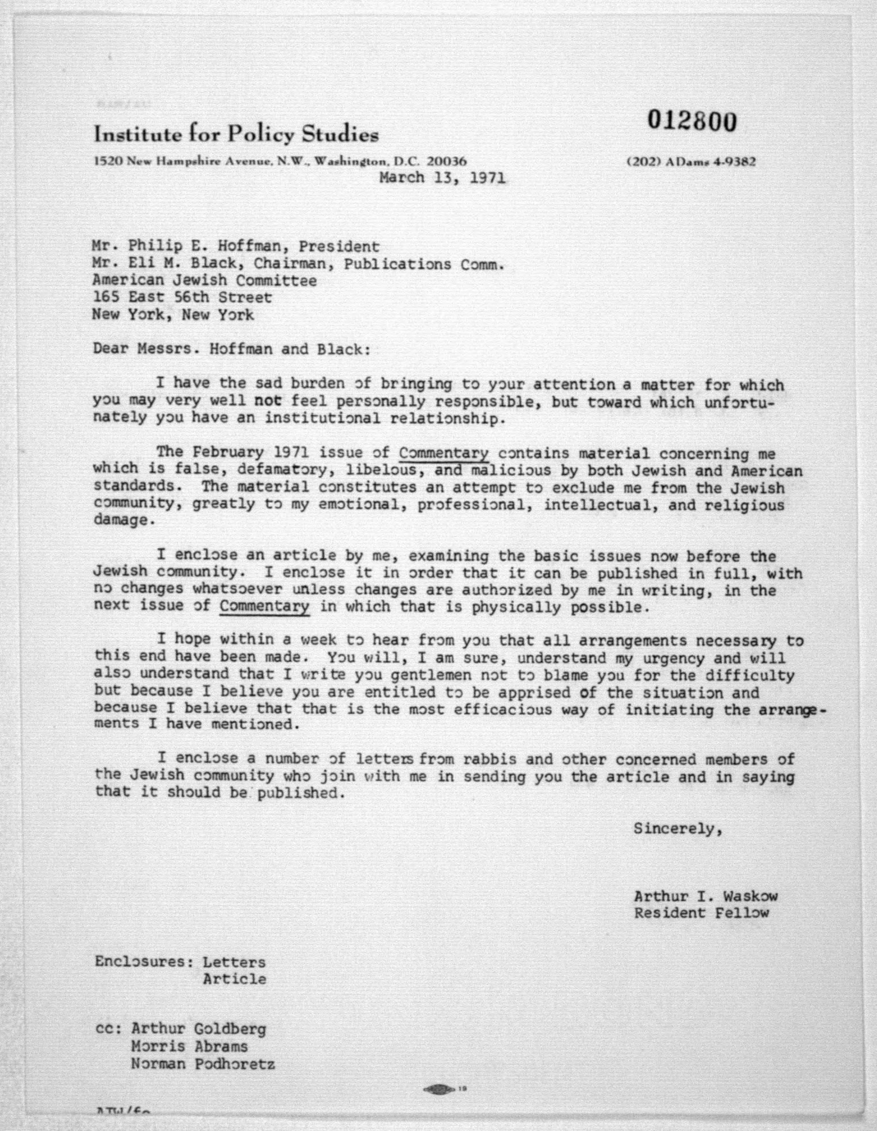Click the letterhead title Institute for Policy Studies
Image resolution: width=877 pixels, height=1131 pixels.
pyautogui.click(x=236, y=135)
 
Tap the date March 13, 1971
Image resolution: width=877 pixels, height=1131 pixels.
pyautogui.click(x=443, y=178)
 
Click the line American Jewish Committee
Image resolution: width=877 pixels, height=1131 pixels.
pyautogui.click(x=204, y=281)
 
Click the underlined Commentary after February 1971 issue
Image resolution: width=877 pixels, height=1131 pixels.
pyautogui.click(x=444, y=453)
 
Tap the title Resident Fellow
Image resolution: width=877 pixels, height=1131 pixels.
pyautogui.click(x=701, y=913)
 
